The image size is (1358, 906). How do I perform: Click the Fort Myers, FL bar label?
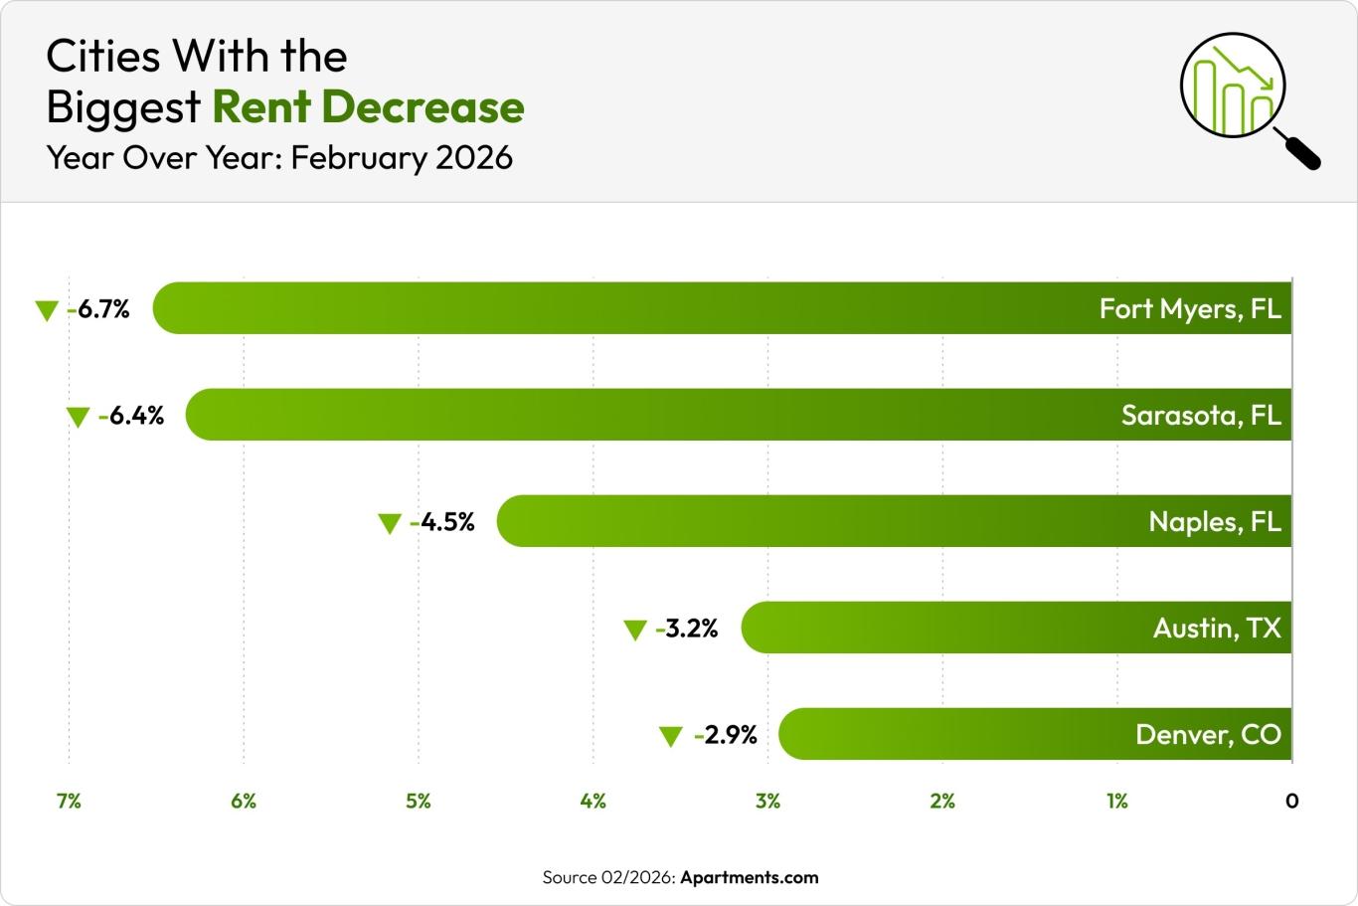click(x=1189, y=309)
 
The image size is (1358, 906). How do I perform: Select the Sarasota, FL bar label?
click(x=1200, y=415)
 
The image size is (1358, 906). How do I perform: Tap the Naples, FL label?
click(x=1214, y=521)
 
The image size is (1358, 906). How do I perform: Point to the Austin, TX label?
click(x=1216, y=628)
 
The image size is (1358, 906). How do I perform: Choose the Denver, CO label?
click(x=1207, y=735)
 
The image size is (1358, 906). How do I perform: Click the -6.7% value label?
click(x=99, y=309)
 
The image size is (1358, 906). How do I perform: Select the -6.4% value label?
click(x=132, y=416)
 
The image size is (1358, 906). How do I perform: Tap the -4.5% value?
click(x=443, y=522)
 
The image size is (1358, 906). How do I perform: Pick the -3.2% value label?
click(x=687, y=629)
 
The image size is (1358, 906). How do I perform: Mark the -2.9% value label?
click(x=727, y=735)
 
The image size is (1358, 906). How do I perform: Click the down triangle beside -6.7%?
click(x=46, y=311)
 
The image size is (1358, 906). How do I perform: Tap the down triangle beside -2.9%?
click(x=671, y=737)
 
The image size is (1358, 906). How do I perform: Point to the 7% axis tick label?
click(x=69, y=801)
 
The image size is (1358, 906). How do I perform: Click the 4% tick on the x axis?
click(x=593, y=801)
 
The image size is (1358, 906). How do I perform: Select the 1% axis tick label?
click(x=1116, y=801)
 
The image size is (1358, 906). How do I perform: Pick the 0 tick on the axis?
click(x=1291, y=801)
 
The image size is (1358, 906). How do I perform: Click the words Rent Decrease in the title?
click(x=368, y=107)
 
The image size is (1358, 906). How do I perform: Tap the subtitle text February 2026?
click(x=402, y=157)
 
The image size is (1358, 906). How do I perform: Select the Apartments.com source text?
click(x=749, y=877)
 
